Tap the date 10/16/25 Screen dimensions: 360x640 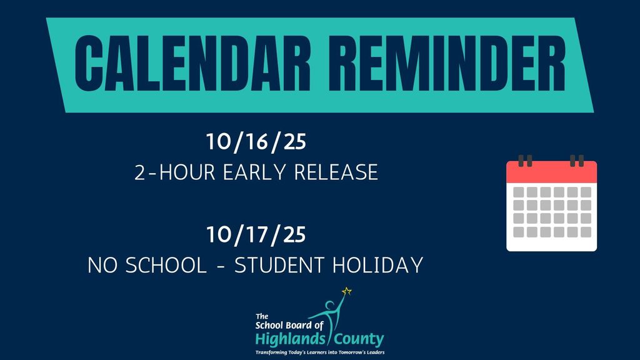click(256, 142)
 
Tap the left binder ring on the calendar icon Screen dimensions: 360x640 click(526, 161)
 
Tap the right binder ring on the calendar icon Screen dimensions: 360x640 click(577, 161)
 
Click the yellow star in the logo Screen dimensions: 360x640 click(347, 291)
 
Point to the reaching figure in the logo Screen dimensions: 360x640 click(330, 312)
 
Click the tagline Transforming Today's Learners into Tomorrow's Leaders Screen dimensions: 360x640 click(319, 353)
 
